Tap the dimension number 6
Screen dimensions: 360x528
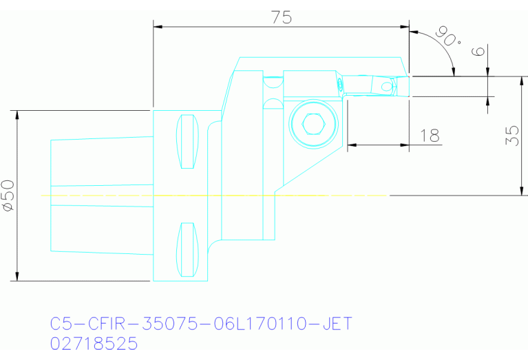(480, 51)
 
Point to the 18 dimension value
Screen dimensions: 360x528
(430, 135)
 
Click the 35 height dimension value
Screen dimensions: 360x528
(511, 135)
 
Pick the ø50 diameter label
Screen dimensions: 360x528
(8, 195)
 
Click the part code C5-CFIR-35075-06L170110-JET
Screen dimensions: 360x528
(201, 324)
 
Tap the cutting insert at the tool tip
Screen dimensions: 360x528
(401, 86)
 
